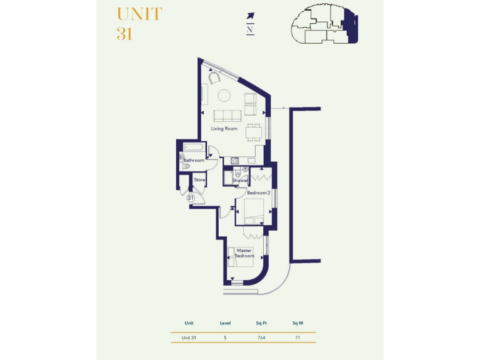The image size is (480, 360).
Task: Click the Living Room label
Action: (x=224, y=129)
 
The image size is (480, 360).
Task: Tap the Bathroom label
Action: (x=194, y=161)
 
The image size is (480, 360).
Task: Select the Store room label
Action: (x=199, y=180)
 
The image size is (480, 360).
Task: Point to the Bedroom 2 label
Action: (x=258, y=193)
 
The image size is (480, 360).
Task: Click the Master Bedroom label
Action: (x=244, y=253)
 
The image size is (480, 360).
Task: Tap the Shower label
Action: (x=241, y=181)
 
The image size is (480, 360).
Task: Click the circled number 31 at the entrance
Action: (x=191, y=197)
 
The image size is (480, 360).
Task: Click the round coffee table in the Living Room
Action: (x=224, y=96)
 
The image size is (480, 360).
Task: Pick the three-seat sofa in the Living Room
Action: (x=227, y=116)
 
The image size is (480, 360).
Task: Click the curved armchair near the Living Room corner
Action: (x=214, y=78)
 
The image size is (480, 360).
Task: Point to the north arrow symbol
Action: (x=251, y=16)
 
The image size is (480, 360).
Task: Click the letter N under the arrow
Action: (x=250, y=29)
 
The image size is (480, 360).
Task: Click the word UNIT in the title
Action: (x=139, y=14)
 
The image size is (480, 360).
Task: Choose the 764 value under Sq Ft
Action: (x=261, y=337)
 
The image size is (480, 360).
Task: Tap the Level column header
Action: (x=225, y=323)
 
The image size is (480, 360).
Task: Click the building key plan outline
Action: (x=324, y=25)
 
